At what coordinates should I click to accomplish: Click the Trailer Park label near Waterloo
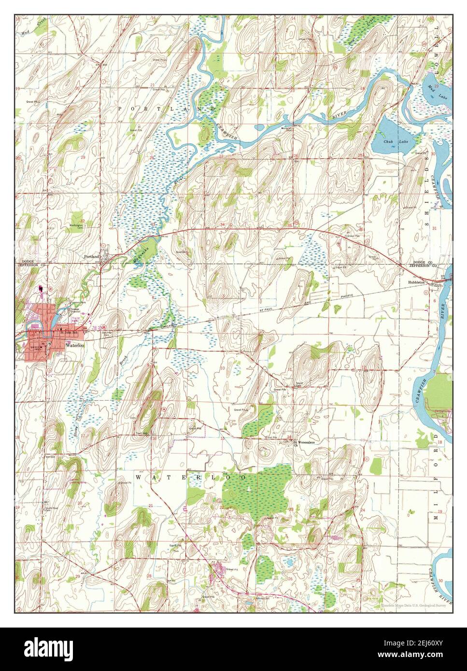89,319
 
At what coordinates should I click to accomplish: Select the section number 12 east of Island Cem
363,368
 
